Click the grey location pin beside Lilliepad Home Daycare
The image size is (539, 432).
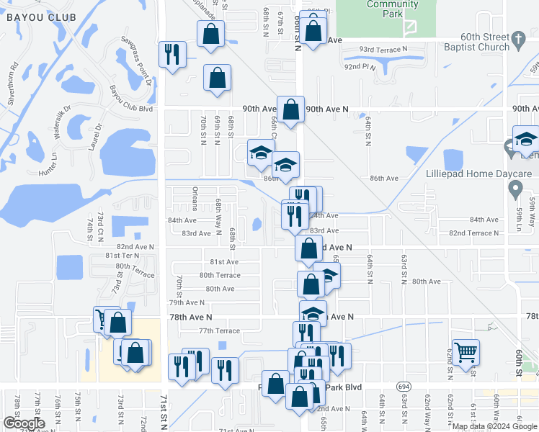coord(514,190)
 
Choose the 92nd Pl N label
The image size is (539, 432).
coord(360,66)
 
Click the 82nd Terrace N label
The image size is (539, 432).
coord(473,233)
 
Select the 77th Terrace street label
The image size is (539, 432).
coord(218,330)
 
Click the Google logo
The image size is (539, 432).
coord(24,423)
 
